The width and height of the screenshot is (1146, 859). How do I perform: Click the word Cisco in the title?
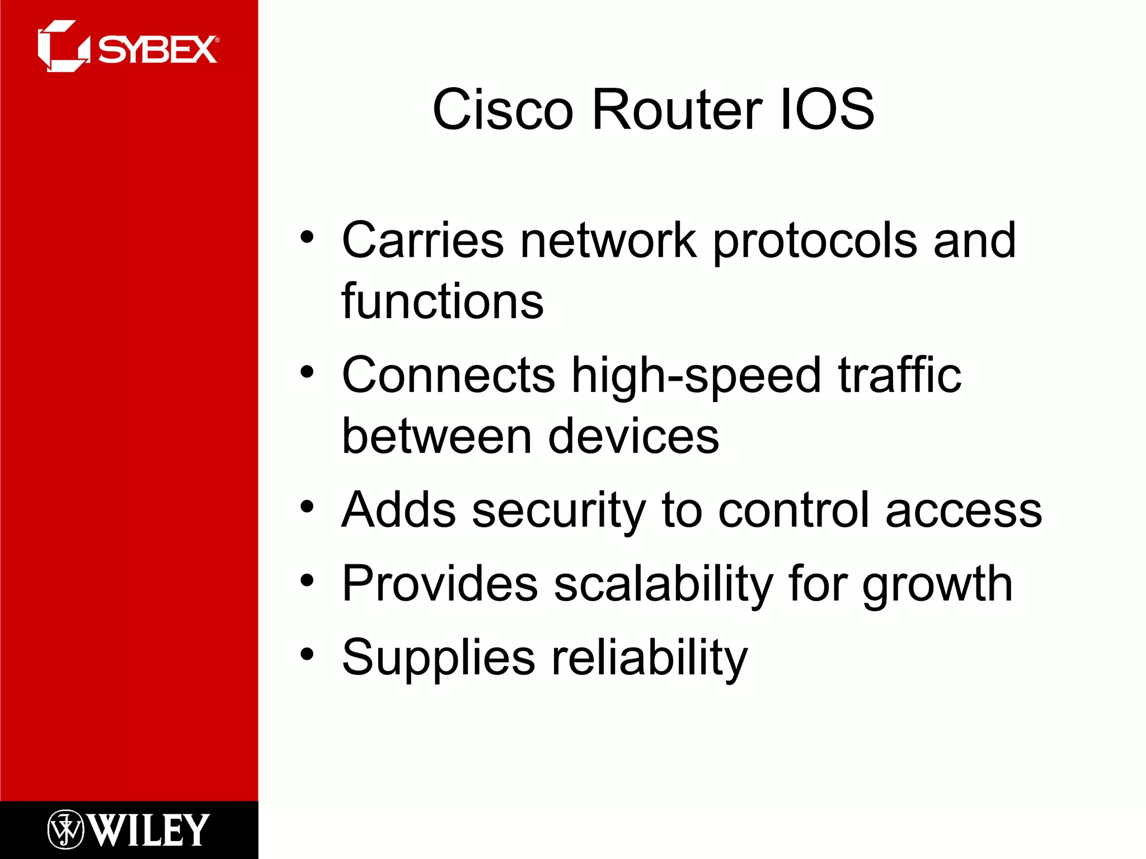point(502,110)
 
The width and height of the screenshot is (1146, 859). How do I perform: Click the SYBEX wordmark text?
point(158,50)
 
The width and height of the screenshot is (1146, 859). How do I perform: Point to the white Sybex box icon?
point(63,46)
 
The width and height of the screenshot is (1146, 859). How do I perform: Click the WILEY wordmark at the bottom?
point(149,830)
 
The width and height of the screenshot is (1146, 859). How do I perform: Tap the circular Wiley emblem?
point(65,830)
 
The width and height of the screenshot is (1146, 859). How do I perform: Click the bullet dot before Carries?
point(307,237)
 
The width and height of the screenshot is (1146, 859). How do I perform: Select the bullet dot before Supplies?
point(307,653)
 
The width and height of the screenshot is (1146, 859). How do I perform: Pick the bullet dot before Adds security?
point(307,507)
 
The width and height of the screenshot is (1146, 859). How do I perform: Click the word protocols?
point(815,242)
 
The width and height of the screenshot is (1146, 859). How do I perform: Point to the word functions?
point(443,302)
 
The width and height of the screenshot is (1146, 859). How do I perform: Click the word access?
point(964,511)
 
